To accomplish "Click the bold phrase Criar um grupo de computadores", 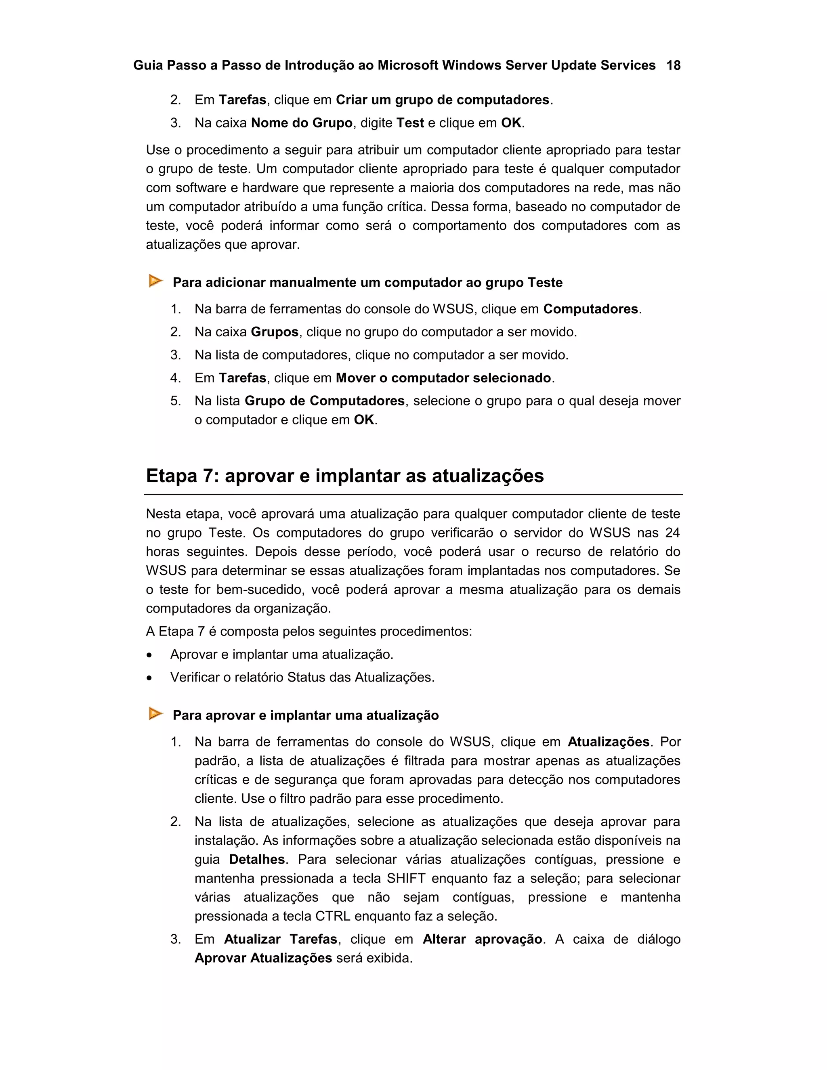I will pyautogui.click(x=443, y=100).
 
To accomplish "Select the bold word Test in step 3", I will pyautogui.click(x=409, y=123).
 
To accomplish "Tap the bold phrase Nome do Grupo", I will pyautogui.click(x=301, y=123).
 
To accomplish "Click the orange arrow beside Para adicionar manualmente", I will pyautogui.click(x=155, y=281).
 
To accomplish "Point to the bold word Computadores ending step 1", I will pyautogui.click(x=591, y=309).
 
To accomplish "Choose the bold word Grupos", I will pyautogui.click(x=274, y=332).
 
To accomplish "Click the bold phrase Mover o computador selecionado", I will pyautogui.click(x=443, y=378).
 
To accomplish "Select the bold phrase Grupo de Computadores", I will pyautogui.click(x=324, y=401).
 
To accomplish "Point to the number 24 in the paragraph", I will pyautogui.click(x=672, y=533).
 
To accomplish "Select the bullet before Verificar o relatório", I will pyautogui.click(x=149, y=678).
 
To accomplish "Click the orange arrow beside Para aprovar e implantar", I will pyautogui.click(x=155, y=714).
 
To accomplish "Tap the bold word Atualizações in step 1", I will pyautogui.click(x=609, y=742).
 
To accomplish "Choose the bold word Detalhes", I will pyautogui.click(x=257, y=859).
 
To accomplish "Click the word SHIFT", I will pyautogui.click(x=406, y=879).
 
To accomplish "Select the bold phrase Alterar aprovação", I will pyautogui.click(x=482, y=939).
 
